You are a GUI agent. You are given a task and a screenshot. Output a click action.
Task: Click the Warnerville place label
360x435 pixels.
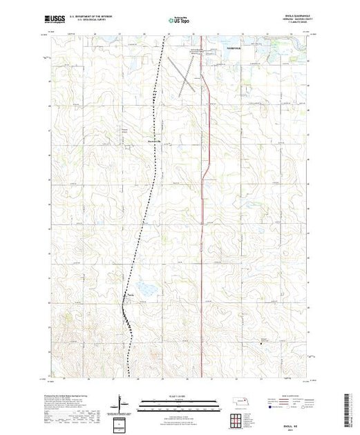click(x=154, y=142)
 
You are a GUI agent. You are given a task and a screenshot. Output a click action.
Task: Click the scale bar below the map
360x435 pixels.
click(x=180, y=402)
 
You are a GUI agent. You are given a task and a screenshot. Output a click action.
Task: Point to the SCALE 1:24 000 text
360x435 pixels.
click(x=180, y=395)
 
